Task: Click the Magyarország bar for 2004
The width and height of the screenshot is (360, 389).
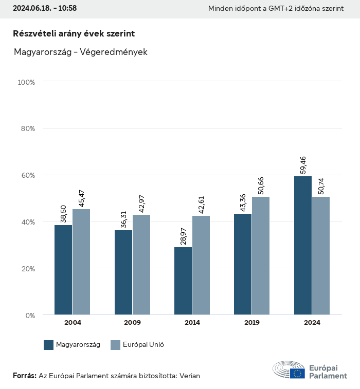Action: (63, 270)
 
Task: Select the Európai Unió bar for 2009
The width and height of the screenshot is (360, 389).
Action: (141, 265)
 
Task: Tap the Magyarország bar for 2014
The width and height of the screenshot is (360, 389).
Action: (183, 281)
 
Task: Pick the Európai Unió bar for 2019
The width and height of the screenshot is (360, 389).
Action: (261, 255)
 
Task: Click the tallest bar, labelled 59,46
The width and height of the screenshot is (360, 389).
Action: (303, 246)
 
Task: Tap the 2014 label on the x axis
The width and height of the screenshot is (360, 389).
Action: (192, 323)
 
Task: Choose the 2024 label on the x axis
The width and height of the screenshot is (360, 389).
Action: (312, 323)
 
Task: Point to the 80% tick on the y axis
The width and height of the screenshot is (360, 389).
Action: (27, 128)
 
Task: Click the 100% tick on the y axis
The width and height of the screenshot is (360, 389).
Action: (26, 82)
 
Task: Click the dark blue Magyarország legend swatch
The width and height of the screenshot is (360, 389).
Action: (49, 345)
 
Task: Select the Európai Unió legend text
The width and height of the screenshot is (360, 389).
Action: (143, 345)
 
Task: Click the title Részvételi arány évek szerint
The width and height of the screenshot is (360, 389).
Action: (74, 33)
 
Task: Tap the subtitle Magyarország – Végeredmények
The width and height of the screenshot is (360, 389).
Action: (80, 52)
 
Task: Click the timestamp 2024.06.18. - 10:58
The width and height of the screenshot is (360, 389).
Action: (45, 9)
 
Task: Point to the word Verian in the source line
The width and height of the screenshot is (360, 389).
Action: (190, 376)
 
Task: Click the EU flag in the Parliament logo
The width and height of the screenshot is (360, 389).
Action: (297, 374)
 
